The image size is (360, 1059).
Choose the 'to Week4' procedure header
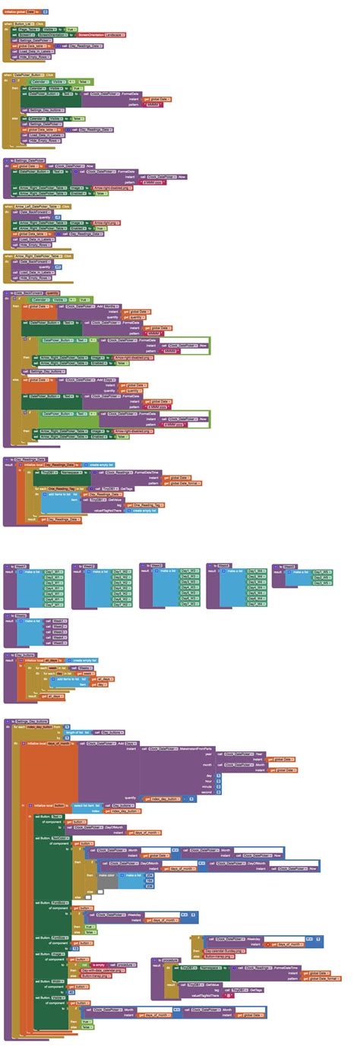pos(221,565)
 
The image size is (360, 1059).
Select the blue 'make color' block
pos(107,875)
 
